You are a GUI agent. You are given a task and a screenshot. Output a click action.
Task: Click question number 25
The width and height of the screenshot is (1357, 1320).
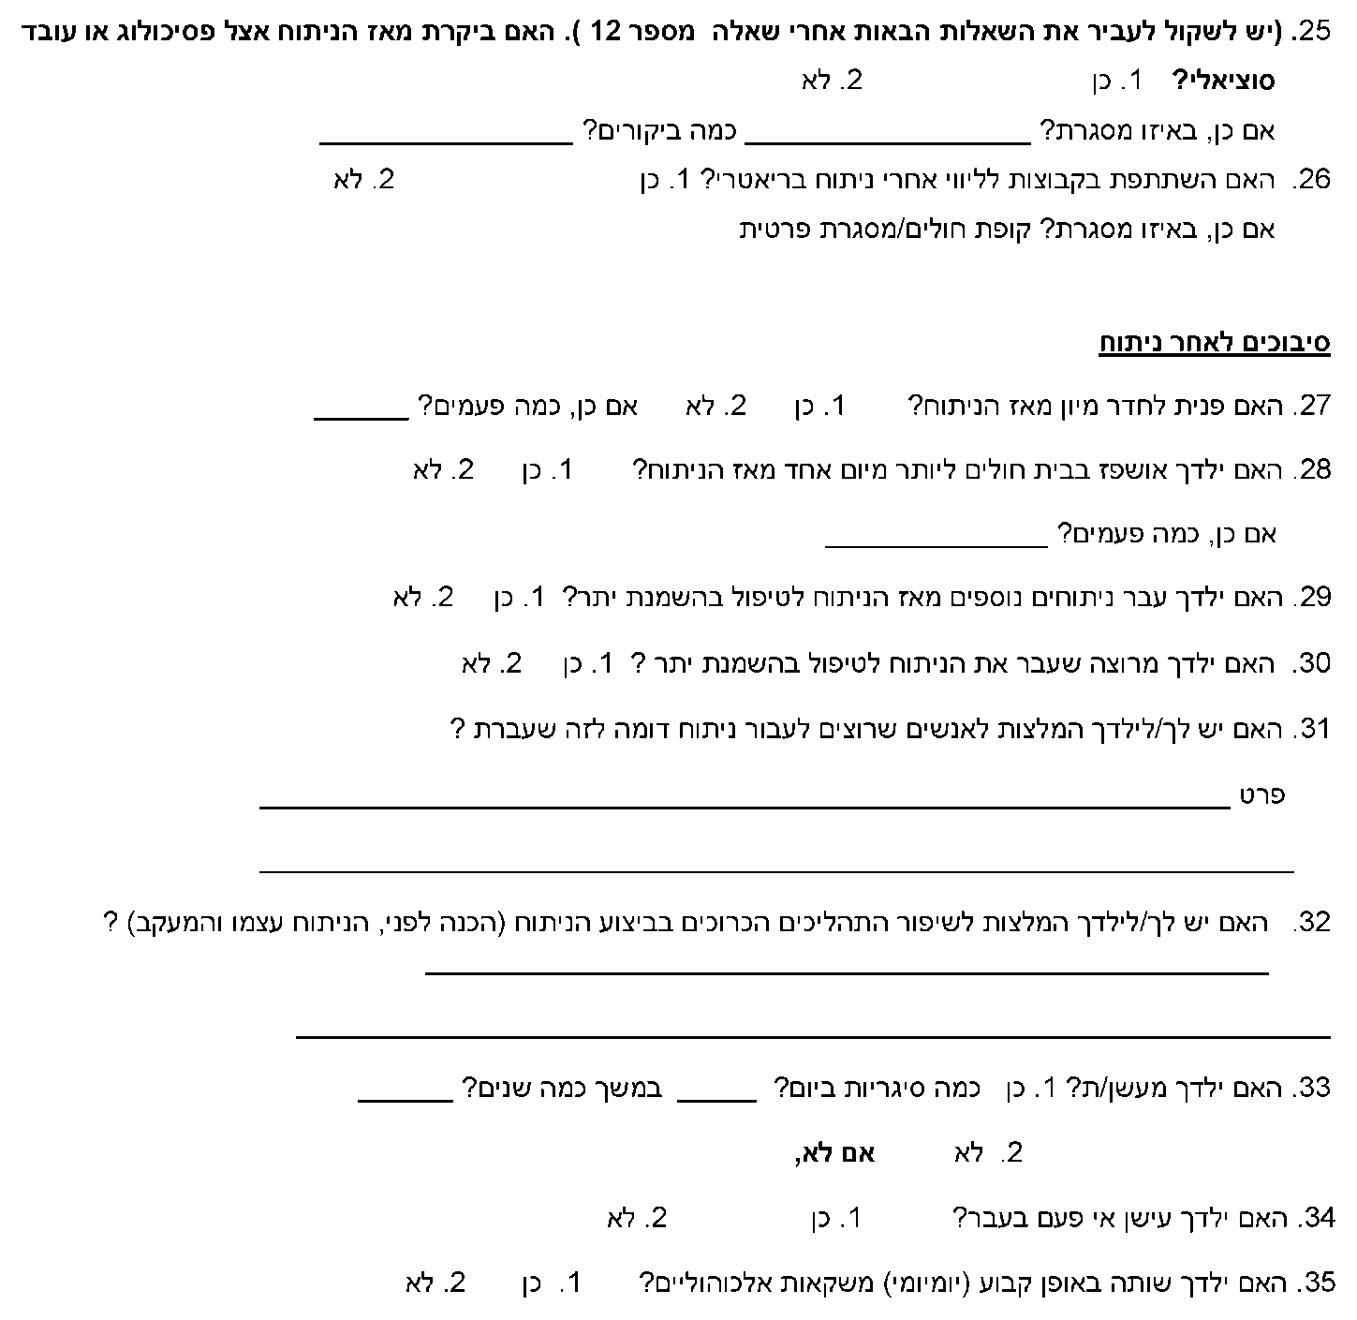tap(1311, 31)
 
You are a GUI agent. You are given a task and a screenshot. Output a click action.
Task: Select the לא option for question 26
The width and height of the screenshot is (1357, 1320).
tap(363, 180)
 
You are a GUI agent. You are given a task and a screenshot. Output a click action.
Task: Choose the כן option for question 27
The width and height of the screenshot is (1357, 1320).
tap(819, 407)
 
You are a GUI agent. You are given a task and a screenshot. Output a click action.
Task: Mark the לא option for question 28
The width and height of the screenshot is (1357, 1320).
tap(442, 470)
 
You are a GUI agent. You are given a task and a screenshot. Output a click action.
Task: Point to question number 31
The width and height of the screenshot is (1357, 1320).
tap(1311, 729)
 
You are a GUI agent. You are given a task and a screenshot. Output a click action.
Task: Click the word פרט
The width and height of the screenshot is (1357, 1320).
tap(1261, 795)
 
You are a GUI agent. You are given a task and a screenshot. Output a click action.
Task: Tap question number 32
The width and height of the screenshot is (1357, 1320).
tap(1311, 923)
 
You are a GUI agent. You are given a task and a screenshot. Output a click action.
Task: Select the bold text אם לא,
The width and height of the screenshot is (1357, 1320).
tap(833, 1153)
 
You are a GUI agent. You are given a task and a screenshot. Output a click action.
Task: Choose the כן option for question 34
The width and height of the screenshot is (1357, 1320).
tap(835, 1218)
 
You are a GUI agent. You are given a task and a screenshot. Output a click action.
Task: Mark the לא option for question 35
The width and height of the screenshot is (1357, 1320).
tap(435, 1283)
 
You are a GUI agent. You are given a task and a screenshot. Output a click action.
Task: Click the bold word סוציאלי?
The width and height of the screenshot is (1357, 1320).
tap(1223, 82)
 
